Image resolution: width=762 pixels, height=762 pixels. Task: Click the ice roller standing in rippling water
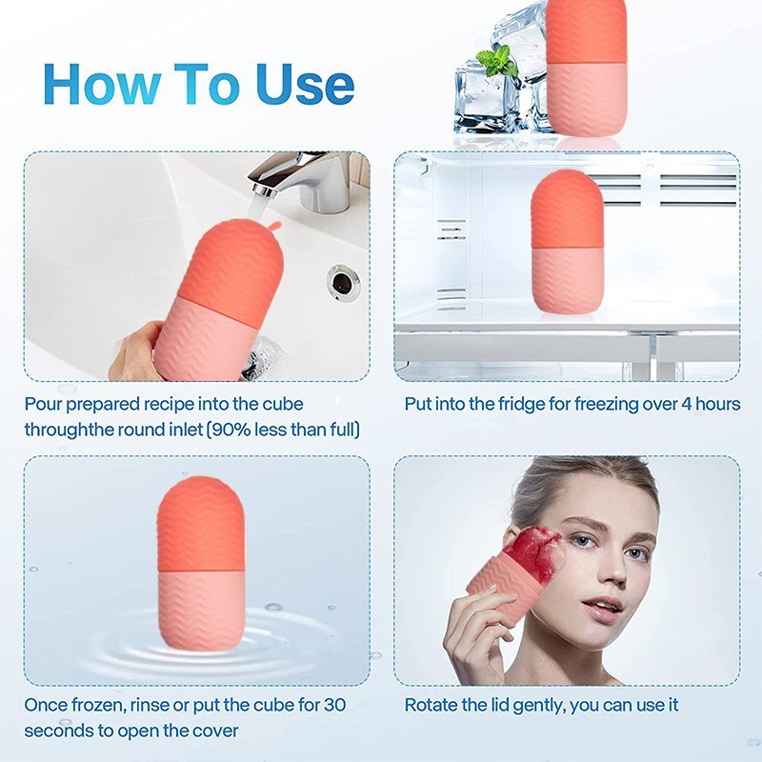click(x=200, y=567)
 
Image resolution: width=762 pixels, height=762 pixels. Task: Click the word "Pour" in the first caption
click(x=44, y=404)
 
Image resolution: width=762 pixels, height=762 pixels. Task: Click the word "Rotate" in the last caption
click(x=430, y=706)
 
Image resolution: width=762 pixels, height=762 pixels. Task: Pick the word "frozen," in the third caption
click(x=99, y=706)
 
